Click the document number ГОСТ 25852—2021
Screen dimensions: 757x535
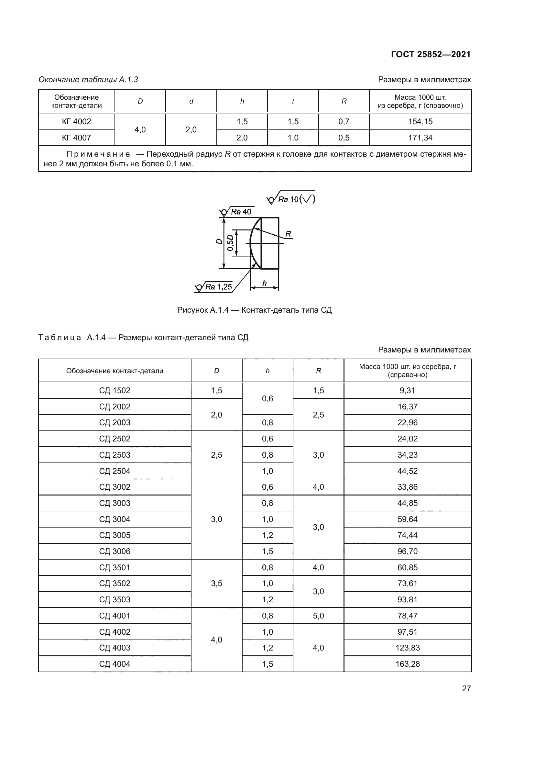[x=431, y=54]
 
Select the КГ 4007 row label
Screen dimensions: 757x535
[x=76, y=138]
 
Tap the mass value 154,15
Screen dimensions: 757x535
[x=420, y=122]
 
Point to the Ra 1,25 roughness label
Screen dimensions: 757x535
[x=218, y=287]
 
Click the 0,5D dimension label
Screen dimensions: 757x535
[x=230, y=243]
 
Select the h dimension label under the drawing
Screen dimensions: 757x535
[x=264, y=283]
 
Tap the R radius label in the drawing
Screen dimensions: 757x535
[x=288, y=234]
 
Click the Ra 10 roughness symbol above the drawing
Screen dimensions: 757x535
[x=291, y=199]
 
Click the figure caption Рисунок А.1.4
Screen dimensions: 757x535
[x=254, y=310]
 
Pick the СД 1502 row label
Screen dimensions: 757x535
[x=115, y=391]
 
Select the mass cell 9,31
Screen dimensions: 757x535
[x=407, y=391]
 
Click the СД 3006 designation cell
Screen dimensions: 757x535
[x=115, y=551]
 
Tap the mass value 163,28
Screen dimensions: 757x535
[x=408, y=664]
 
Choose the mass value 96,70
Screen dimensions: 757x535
[x=407, y=551]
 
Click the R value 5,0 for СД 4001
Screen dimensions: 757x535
[x=318, y=616]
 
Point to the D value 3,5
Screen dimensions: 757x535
[x=216, y=583]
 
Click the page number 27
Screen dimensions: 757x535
[x=466, y=688]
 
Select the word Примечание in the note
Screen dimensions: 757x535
[x=98, y=154]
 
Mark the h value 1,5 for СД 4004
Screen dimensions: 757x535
[x=267, y=664]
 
